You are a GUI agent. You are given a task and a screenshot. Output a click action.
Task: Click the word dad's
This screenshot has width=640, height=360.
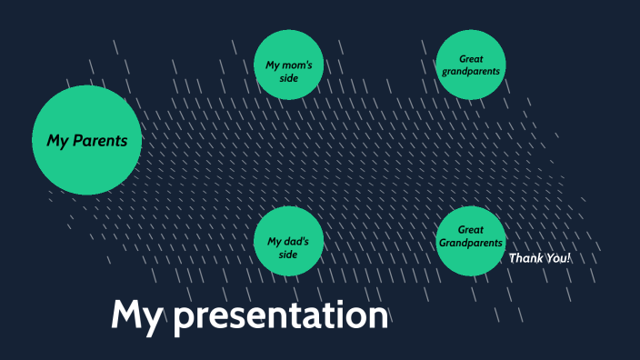pyautogui.click(x=296, y=241)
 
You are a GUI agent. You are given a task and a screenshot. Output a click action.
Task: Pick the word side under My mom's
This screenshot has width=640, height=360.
pyautogui.click(x=288, y=78)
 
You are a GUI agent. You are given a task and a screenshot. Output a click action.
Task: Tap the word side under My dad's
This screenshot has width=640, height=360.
pyautogui.click(x=288, y=255)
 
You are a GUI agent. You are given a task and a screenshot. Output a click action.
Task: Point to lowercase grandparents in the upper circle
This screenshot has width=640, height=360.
pyautogui.click(x=470, y=71)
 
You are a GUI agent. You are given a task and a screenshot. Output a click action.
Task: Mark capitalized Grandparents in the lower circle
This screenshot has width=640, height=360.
pyautogui.click(x=470, y=244)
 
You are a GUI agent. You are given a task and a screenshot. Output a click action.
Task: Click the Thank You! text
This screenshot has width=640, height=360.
pyautogui.click(x=540, y=258)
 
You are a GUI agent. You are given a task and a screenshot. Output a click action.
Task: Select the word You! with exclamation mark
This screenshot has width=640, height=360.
pyautogui.click(x=558, y=258)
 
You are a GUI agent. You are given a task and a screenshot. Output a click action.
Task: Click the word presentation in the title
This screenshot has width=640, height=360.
pyautogui.click(x=281, y=316)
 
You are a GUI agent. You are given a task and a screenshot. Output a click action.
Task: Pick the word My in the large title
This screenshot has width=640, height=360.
pyautogui.click(x=136, y=315)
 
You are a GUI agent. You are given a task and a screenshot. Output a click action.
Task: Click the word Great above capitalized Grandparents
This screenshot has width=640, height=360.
pyautogui.click(x=470, y=230)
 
